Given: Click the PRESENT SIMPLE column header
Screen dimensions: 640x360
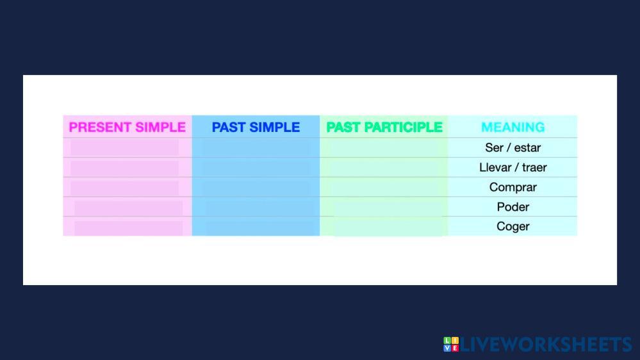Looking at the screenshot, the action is [127, 127].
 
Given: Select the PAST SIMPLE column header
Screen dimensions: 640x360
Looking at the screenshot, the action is [256, 127].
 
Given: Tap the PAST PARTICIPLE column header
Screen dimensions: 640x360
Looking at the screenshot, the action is [384, 127].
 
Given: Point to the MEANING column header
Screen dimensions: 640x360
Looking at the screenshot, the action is [513, 127].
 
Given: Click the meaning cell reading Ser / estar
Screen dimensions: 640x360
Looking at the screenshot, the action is [513, 147].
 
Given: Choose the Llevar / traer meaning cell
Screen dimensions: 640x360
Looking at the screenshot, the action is [513, 167].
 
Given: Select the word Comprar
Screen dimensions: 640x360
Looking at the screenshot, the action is [513, 187].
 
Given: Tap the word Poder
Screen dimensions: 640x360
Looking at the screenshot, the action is [513, 207].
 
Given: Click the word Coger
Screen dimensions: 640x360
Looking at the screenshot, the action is [513, 226].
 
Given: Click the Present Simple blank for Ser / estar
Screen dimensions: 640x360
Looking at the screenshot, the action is [124, 147].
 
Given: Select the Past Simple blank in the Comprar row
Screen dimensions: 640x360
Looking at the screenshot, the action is [256, 187].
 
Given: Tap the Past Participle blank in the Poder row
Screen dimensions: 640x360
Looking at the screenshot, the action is [388, 208].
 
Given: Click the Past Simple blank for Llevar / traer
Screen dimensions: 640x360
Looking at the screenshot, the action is [256, 168].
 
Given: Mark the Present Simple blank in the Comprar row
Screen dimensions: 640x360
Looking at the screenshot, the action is [124, 188].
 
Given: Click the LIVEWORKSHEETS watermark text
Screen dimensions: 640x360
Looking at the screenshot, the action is [546, 345].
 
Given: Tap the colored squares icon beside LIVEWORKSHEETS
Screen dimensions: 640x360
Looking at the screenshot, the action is [451, 344].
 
